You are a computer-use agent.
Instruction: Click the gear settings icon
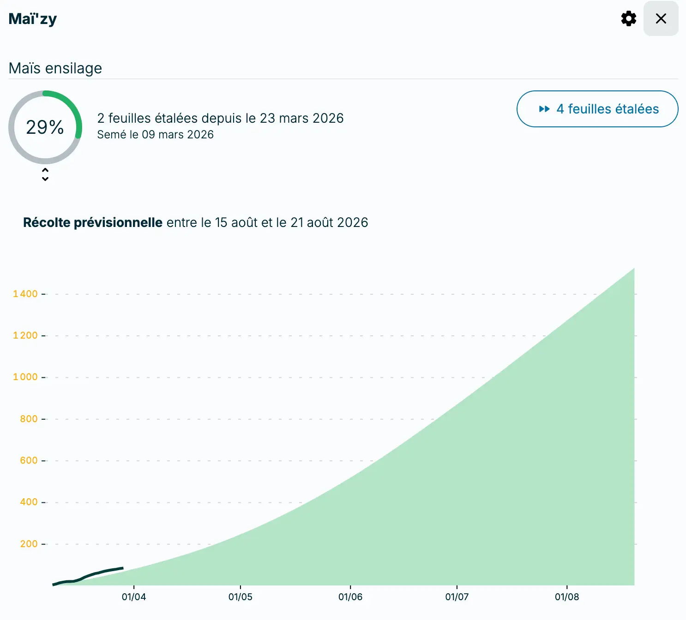(628, 18)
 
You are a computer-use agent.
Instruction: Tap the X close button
(661, 18)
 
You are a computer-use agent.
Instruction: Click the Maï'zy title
(32, 19)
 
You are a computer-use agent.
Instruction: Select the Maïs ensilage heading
(55, 68)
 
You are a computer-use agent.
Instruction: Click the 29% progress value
(45, 127)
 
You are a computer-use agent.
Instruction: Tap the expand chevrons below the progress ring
(45, 174)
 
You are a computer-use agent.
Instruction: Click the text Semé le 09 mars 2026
(155, 135)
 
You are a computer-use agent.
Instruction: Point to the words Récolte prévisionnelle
(93, 223)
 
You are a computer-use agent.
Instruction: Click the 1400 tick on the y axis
(25, 294)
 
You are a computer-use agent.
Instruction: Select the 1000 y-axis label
(25, 377)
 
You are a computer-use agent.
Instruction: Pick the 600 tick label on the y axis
(29, 460)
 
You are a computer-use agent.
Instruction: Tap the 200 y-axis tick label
(29, 544)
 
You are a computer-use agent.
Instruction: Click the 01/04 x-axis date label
(134, 597)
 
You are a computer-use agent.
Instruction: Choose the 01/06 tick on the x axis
(350, 597)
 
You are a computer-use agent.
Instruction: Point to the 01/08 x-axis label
(567, 597)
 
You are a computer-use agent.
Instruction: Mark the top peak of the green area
(633, 269)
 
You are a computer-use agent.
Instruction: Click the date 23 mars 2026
(301, 119)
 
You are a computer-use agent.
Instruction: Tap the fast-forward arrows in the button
(544, 109)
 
